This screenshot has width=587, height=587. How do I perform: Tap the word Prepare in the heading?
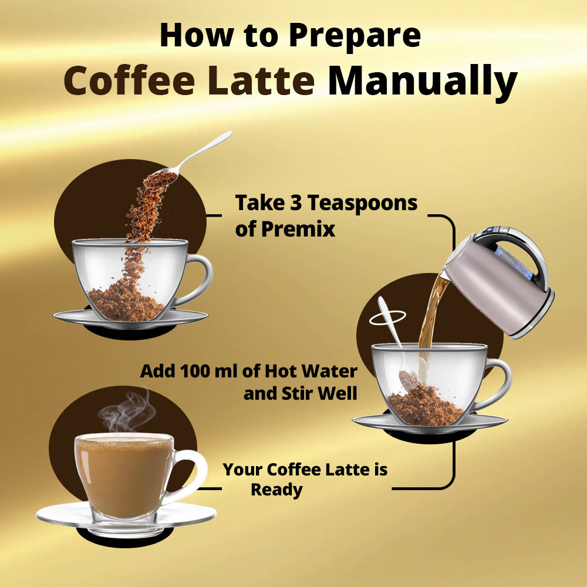pos(355,36)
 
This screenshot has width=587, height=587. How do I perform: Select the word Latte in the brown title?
pos(261,80)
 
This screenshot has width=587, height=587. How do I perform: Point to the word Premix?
pos(298,229)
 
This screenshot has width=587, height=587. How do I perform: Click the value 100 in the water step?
pos(195,372)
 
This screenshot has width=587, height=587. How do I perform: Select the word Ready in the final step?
pos(276,490)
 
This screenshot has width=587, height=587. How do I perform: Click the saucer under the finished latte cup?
pos(126,516)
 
